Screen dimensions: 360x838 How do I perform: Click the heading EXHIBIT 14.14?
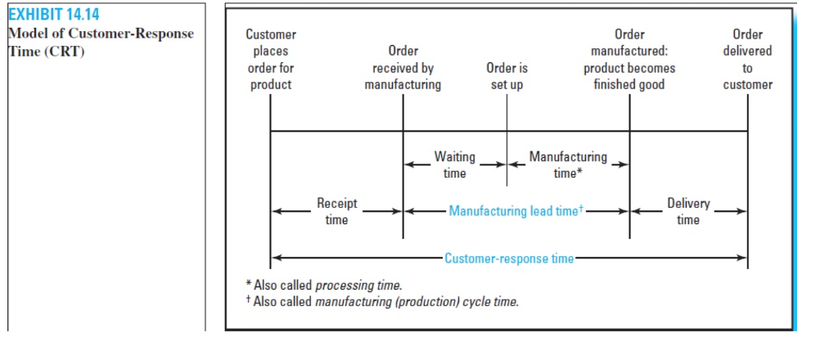click(x=52, y=15)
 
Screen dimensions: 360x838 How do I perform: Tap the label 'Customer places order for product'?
click(x=271, y=60)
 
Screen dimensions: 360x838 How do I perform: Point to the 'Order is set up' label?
click(x=507, y=76)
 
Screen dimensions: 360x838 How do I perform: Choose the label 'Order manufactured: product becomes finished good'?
click(x=628, y=60)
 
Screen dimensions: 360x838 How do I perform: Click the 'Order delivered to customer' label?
click(x=747, y=60)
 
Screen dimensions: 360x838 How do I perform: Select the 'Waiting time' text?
click(x=454, y=164)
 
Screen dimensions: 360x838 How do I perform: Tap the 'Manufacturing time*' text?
click(x=568, y=164)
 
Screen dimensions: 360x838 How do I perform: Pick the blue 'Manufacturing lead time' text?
click(x=513, y=211)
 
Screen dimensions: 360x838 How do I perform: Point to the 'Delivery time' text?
click(x=688, y=211)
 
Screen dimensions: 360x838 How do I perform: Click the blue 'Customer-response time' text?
click(x=509, y=259)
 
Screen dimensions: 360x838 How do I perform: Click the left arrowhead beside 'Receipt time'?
click(x=277, y=211)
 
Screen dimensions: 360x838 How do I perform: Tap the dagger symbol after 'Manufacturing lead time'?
click(x=580, y=209)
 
